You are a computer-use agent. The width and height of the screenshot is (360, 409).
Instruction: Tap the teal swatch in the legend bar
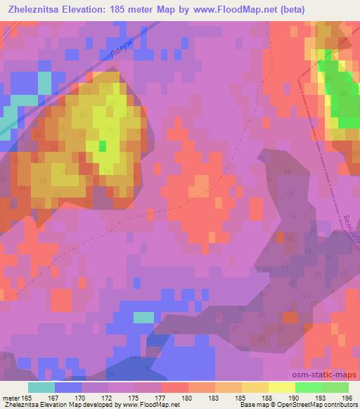(x=41, y=387)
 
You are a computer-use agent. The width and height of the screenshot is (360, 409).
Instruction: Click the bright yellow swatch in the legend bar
(x=281, y=387)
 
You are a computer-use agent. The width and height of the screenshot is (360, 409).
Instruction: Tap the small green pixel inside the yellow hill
(x=103, y=146)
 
